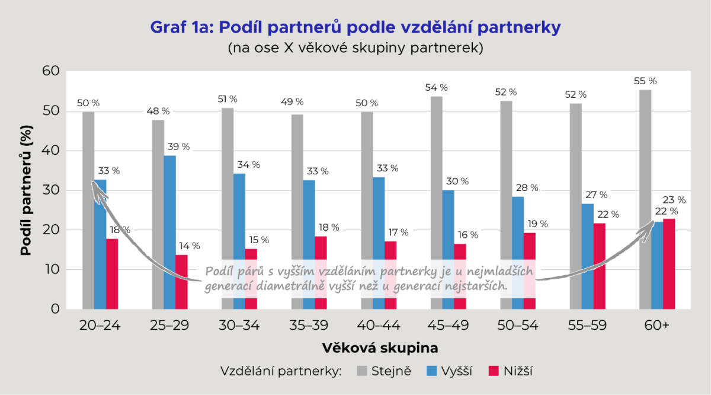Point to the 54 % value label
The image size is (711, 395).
(x=437, y=87)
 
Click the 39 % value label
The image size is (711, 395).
(x=178, y=146)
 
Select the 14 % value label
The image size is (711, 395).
(x=189, y=246)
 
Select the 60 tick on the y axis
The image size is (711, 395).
(x=51, y=71)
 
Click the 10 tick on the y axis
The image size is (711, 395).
(x=52, y=270)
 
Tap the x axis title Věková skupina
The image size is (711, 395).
(x=380, y=347)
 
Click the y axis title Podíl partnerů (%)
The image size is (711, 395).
(x=25, y=190)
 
